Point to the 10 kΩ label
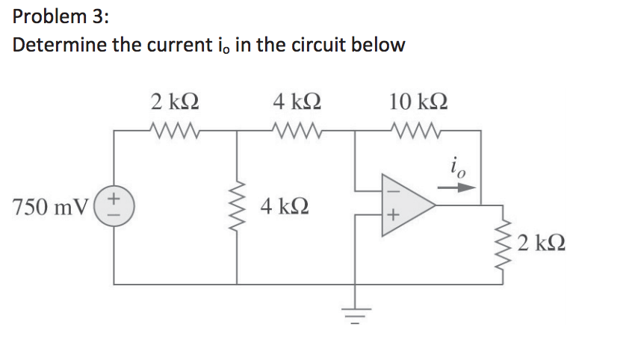point(418,101)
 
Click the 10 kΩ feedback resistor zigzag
point(418,131)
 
